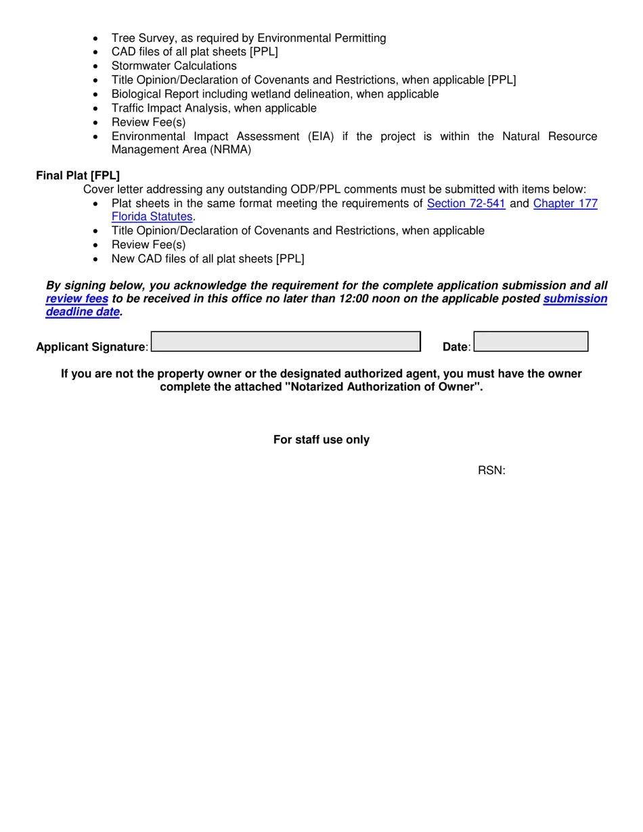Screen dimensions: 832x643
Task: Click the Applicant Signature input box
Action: click(x=285, y=342)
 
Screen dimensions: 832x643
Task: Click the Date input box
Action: click(x=531, y=342)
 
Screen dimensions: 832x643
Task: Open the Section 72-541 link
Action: click(x=466, y=204)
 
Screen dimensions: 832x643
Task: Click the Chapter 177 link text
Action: click(x=565, y=204)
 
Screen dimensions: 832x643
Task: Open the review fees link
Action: click(x=77, y=299)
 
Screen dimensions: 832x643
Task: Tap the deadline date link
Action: click(x=83, y=312)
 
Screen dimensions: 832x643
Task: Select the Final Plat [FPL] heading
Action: click(x=78, y=176)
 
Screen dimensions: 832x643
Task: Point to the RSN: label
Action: click(x=491, y=471)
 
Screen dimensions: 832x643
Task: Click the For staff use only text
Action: click(x=321, y=440)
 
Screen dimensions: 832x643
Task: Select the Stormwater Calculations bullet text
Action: click(x=174, y=66)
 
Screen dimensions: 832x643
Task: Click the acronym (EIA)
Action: click(x=321, y=137)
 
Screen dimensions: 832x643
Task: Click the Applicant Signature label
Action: click(x=91, y=347)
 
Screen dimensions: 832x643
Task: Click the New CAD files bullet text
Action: click(x=208, y=259)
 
